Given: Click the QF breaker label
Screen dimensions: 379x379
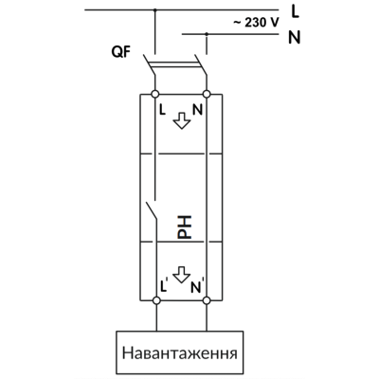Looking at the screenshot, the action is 120,52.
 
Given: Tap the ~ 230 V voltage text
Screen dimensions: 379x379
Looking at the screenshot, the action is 256,23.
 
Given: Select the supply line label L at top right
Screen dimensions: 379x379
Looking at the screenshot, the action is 295,11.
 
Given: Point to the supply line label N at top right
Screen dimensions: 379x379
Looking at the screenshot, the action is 295,37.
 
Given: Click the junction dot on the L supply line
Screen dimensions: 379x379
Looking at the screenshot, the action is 154,10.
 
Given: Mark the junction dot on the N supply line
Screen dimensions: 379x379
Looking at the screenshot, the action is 207,34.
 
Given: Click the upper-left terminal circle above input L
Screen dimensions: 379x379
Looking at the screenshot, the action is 155,94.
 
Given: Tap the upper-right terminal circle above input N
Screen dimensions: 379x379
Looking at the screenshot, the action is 207,94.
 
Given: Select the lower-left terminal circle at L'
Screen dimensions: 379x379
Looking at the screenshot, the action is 156,300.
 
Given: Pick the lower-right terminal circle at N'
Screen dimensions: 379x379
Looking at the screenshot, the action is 207,300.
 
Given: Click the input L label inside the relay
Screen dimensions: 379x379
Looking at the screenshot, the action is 162,110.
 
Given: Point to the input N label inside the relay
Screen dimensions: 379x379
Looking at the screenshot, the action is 197,110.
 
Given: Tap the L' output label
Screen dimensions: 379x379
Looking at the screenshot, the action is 164,285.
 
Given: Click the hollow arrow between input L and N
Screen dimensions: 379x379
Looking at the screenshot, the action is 182,120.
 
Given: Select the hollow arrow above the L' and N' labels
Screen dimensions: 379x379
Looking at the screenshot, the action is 182,275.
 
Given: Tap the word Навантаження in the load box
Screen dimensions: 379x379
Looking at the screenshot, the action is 180,353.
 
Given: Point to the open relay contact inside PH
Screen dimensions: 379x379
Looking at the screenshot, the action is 152,210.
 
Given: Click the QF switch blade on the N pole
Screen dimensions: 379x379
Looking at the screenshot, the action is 201,64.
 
